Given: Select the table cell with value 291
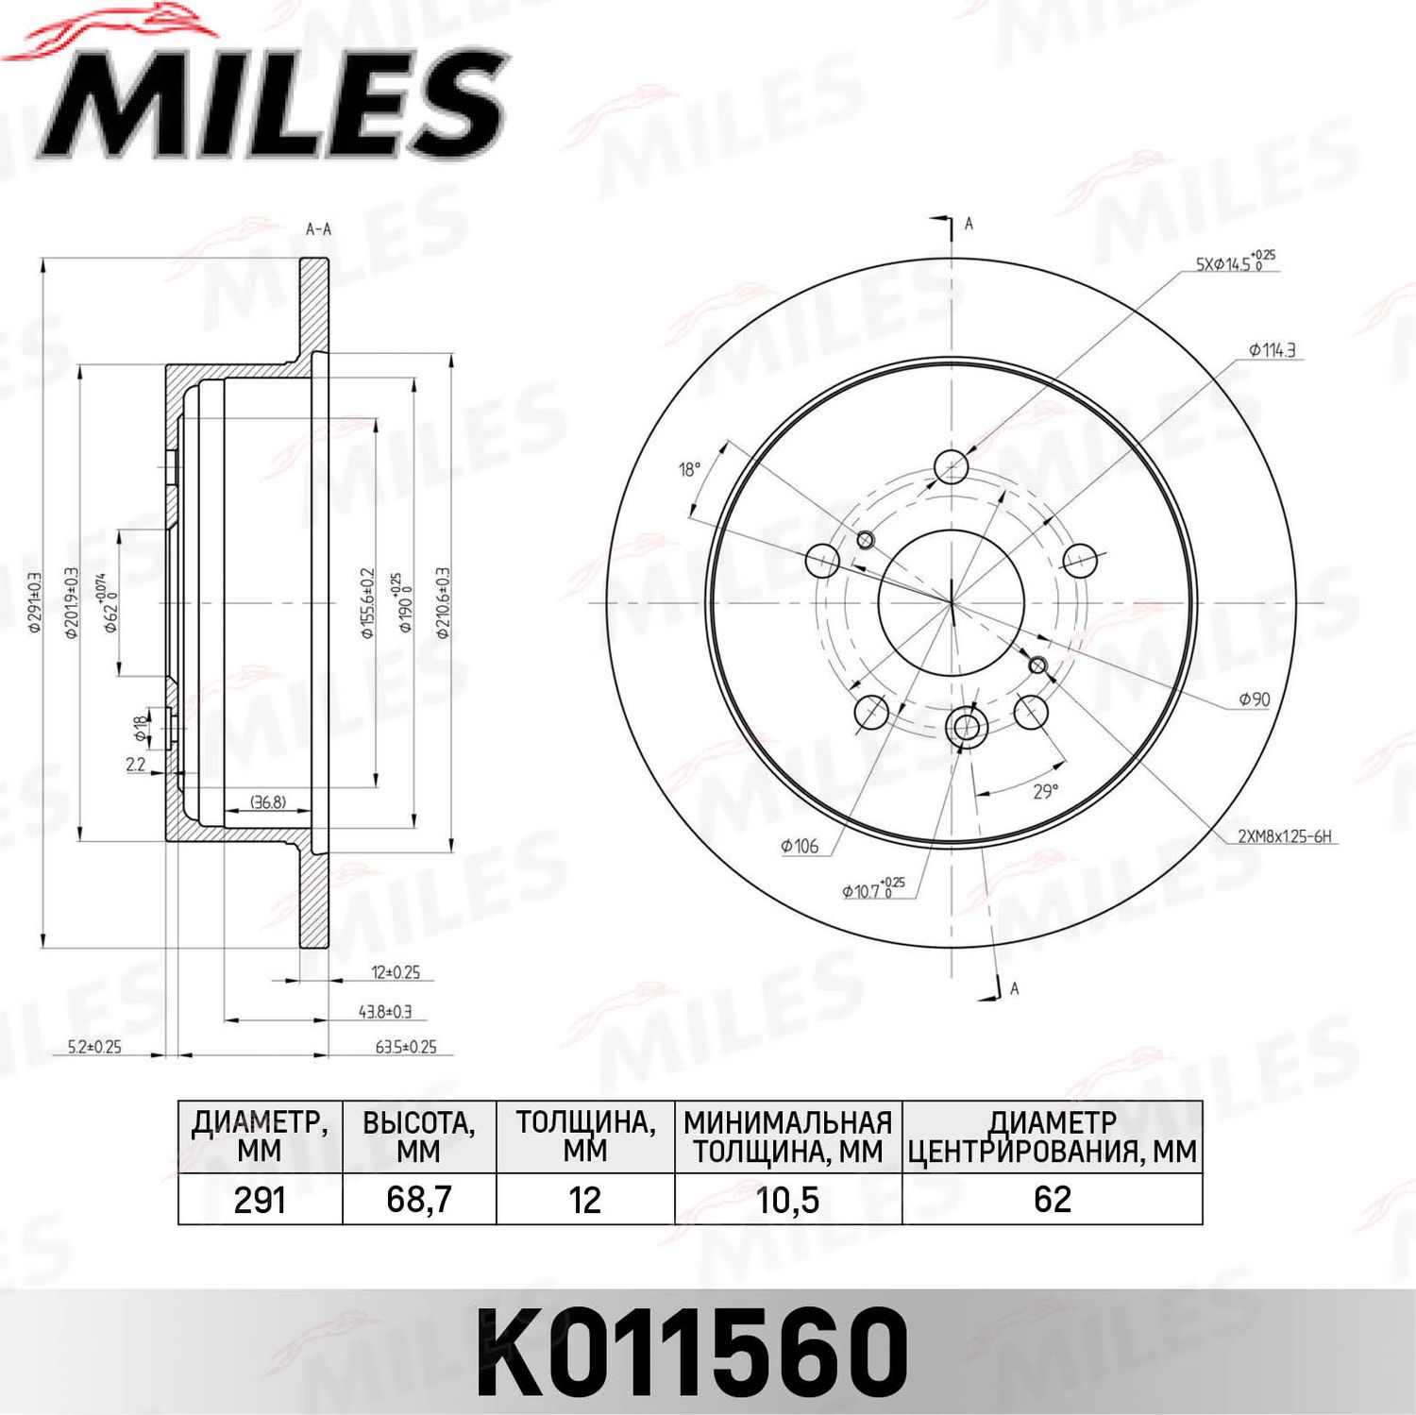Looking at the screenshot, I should click(x=260, y=1200).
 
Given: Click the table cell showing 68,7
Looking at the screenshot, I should click(x=418, y=1200).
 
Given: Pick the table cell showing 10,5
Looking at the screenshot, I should click(x=787, y=1200).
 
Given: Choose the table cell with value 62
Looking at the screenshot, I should click(x=1052, y=1200).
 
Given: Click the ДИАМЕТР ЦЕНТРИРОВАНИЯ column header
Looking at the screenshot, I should click(x=1052, y=1137).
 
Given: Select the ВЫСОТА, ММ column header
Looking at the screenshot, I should click(x=418, y=1137).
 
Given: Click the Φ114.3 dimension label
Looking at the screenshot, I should click(x=1272, y=350).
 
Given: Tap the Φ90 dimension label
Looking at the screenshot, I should click(x=1254, y=699).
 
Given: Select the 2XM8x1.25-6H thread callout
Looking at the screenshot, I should click(x=1284, y=836).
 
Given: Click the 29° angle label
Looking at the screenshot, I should click(x=1045, y=791).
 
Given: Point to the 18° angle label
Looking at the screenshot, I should click(x=690, y=469).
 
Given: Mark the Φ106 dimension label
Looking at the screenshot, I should click(x=799, y=847).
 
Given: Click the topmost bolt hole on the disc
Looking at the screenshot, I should click(x=951, y=466).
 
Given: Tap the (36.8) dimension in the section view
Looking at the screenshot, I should click(x=268, y=802).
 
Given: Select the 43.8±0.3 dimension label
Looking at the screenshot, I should click(x=384, y=1012).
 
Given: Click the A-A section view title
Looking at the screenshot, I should click(x=318, y=229).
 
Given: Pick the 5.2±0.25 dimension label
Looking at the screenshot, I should click(x=94, y=1047).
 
